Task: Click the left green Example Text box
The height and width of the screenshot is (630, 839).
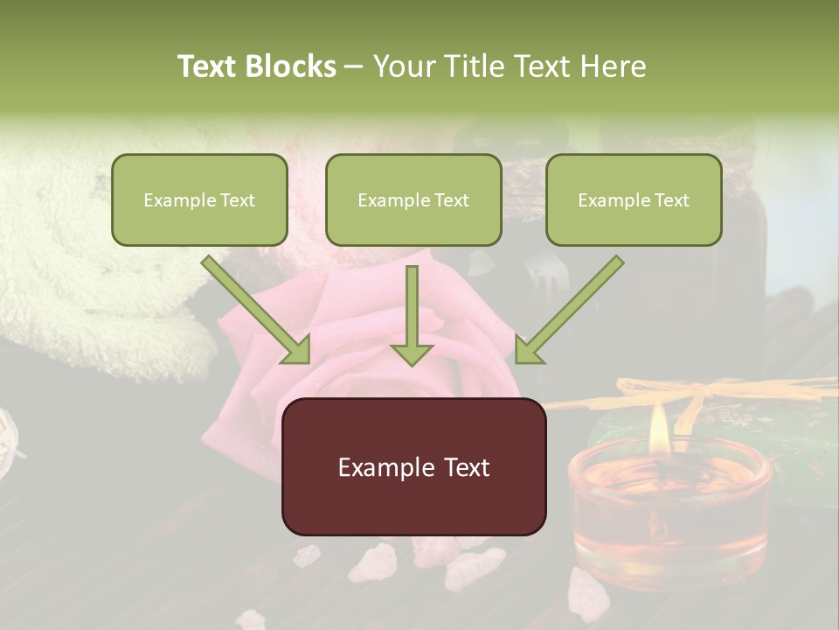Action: [x=199, y=199]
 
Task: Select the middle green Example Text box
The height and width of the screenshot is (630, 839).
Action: [x=413, y=199]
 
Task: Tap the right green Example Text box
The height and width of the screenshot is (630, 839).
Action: [x=634, y=199]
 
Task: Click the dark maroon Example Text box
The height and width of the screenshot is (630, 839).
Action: [x=413, y=466]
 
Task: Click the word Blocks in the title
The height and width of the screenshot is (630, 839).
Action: [x=291, y=66]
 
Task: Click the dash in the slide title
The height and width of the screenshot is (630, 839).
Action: [x=354, y=66]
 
